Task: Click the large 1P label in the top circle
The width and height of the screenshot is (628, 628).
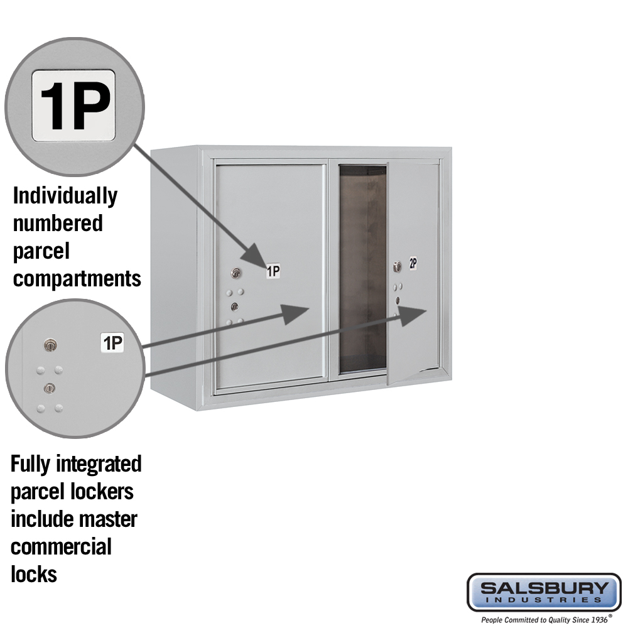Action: coord(73,106)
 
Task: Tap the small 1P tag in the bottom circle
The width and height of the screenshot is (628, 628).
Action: coord(112,343)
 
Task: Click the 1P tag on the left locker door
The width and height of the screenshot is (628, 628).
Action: coord(274,271)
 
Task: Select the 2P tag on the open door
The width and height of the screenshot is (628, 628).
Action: coord(413,263)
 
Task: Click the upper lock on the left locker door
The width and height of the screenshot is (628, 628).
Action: coord(236,273)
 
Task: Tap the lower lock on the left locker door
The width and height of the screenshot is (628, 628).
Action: coord(235,307)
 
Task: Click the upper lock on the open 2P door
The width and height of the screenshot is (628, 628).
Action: coord(397,267)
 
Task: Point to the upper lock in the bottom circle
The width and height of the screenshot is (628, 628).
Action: coord(50,345)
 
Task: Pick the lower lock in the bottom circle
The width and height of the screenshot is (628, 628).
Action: coord(49,388)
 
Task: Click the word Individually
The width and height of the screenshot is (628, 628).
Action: coord(65,196)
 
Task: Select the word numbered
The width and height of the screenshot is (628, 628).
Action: coord(58,223)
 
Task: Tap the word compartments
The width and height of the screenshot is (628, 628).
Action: coord(77,279)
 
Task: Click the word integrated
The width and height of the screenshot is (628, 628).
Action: coord(99,464)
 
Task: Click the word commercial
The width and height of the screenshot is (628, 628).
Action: coord(61,547)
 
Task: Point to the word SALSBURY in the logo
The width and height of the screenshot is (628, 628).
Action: coord(544,588)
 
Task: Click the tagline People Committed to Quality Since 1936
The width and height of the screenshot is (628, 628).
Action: coord(544,620)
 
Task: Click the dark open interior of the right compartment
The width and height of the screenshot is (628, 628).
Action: coord(363,268)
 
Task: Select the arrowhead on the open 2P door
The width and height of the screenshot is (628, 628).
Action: coord(413,312)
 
